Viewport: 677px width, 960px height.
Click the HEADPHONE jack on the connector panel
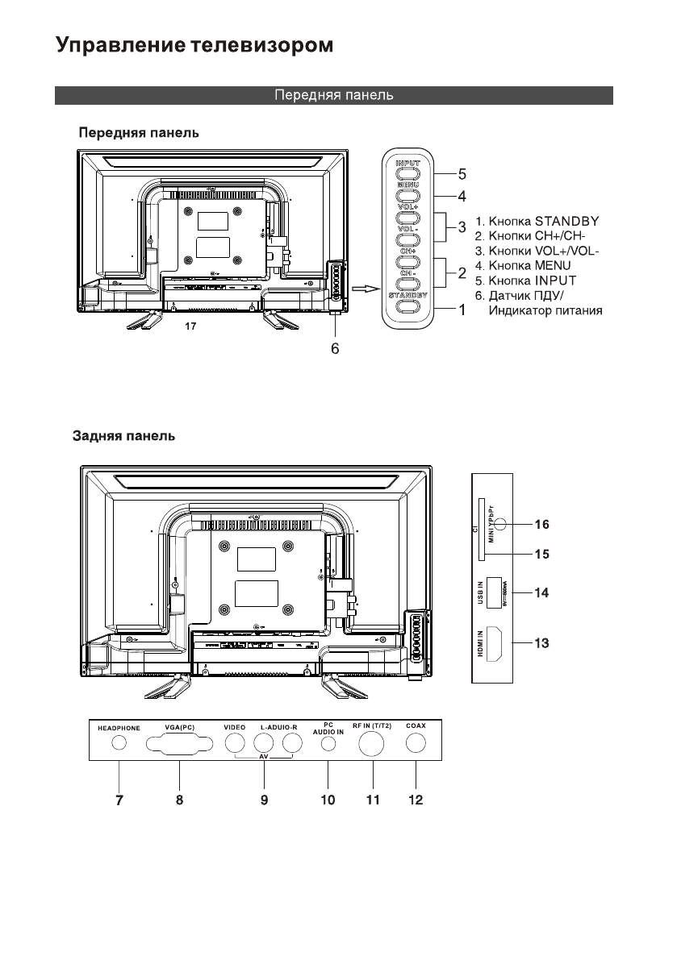119,744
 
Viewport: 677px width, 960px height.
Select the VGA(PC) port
180,744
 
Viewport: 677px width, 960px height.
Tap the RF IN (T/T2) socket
373,744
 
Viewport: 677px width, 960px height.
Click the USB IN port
497,592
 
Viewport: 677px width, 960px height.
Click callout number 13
542,643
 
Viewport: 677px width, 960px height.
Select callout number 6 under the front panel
335,349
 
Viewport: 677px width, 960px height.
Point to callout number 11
373,800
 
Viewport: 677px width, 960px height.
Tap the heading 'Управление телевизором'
194,45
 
